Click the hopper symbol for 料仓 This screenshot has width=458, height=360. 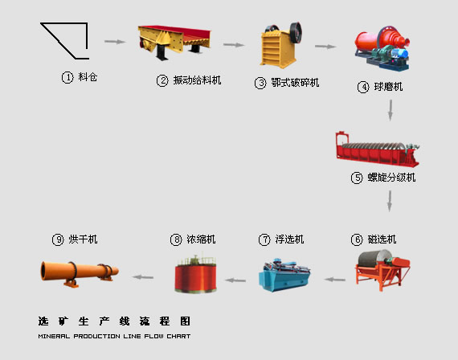[x=64, y=40]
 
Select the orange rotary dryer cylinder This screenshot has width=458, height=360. [x=77, y=272]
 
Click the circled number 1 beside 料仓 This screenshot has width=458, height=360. [x=67, y=78]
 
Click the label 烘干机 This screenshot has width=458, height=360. [x=84, y=239]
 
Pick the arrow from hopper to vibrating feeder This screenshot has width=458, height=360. [x=115, y=42]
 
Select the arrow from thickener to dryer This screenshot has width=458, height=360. [x=142, y=276]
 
